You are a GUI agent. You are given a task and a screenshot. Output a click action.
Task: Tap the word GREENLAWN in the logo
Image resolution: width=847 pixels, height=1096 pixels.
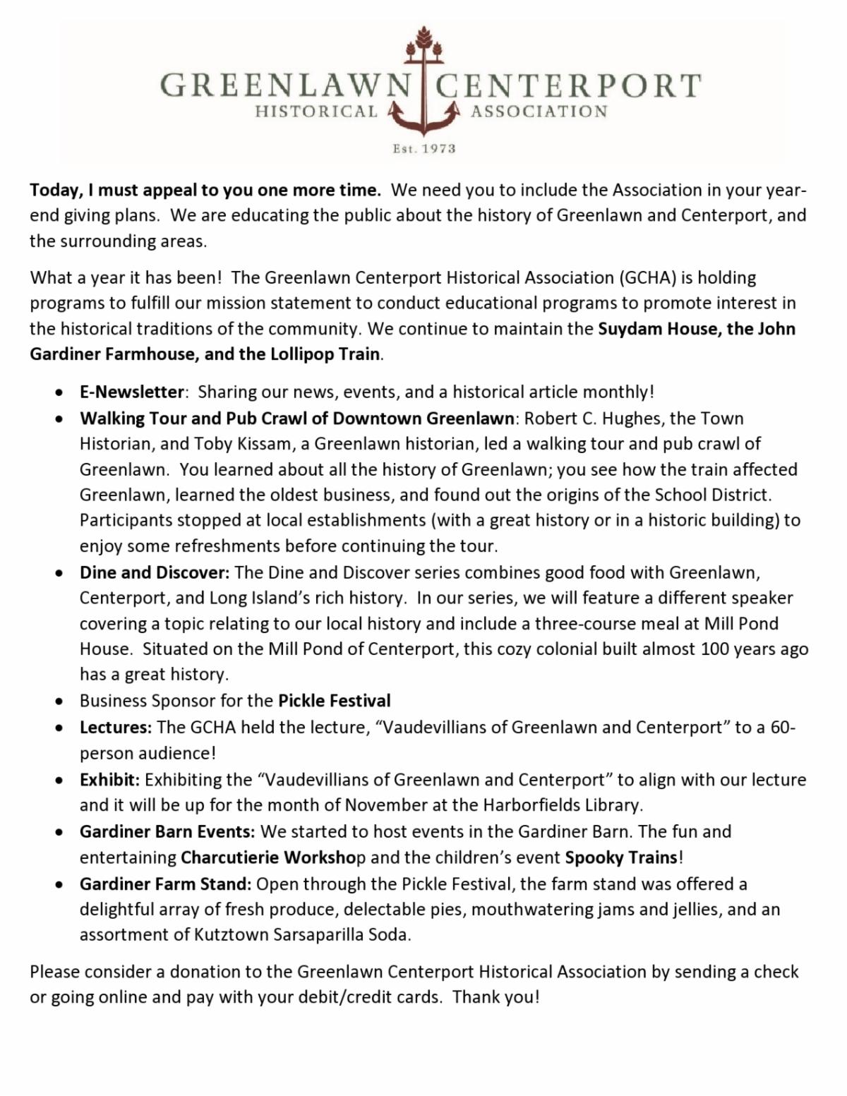point(284,85)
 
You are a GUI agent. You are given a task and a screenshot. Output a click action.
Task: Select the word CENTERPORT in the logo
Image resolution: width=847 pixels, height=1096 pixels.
point(568,85)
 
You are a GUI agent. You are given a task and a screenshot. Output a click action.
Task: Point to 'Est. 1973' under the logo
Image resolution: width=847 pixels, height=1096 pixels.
point(423,149)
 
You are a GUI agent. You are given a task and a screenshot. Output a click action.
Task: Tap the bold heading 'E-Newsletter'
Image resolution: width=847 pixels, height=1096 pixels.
point(131,392)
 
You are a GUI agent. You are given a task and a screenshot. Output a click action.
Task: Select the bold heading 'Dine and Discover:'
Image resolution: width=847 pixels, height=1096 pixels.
point(155,572)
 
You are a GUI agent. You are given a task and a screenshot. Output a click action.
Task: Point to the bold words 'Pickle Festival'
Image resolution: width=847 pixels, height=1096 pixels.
point(334,701)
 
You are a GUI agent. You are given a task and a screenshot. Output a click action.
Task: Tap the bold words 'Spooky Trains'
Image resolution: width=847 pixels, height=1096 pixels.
point(621,857)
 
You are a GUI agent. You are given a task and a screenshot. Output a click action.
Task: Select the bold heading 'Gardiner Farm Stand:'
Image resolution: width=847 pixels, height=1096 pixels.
point(165,884)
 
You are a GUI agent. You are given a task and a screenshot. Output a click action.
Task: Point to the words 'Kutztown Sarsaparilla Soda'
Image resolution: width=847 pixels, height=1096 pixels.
point(302,935)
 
